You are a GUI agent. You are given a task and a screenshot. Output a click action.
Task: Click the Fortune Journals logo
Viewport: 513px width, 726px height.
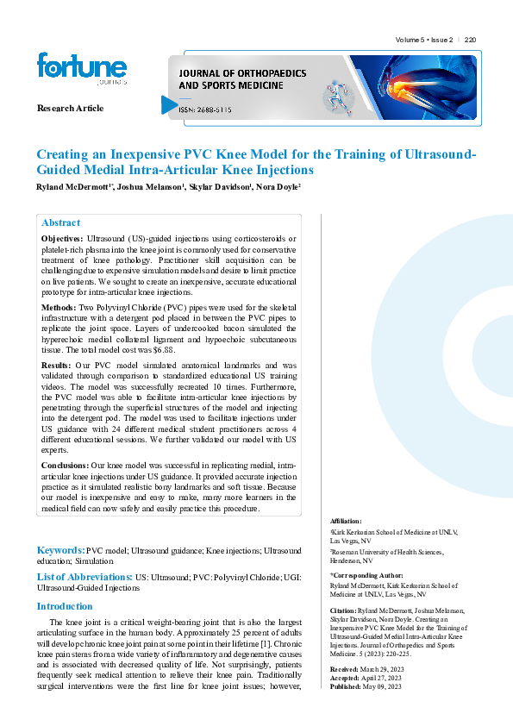click(x=82, y=68)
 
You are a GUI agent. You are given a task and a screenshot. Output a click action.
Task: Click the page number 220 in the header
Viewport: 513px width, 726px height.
click(x=470, y=41)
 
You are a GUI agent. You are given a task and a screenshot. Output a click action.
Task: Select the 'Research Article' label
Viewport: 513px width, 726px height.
click(x=70, y=108)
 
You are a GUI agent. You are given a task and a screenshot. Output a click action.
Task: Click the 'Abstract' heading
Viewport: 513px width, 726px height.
click(x=60, y=222)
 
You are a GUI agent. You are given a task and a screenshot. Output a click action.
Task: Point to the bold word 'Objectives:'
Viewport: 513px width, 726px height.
click(x=62, y=237)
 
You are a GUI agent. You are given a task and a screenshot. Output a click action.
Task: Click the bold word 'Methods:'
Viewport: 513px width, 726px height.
click(x=59, y=307)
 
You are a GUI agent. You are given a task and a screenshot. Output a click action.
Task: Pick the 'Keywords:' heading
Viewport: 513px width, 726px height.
click(x=60, y=549)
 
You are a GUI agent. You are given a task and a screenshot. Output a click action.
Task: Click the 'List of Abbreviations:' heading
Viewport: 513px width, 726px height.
click(x=83, y=576)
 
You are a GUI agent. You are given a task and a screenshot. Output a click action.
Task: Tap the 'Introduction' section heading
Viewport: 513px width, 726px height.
click(x=65, y=606)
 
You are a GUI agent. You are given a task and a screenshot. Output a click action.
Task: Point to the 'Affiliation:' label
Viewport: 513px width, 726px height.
click(x=346, y=522)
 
